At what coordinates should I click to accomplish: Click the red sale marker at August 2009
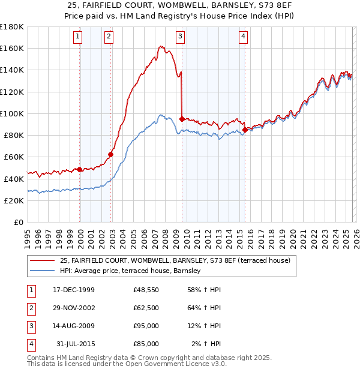pyautogui.click(x=182, y=119)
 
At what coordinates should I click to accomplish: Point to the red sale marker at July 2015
pyautogui.click(x=245, y=130)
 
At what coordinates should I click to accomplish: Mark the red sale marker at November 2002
pyautogui.click(x=111, y=154)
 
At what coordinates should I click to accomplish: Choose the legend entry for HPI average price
pyautogui.click(x=130, y=271)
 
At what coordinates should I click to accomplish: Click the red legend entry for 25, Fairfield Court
pyautogui.click(x=175, y=260)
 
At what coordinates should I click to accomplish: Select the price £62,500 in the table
pyautogui.click(x=146, y=308)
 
